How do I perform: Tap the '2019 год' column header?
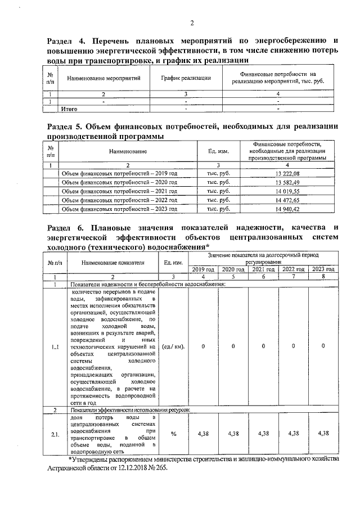tap(203, 269)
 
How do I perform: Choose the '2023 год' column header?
tap(323, 269)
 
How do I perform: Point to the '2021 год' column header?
tap(263, 269)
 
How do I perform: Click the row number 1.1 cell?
tap(55, 346)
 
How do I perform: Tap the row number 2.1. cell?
tap(55, 434)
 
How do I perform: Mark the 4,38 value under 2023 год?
tap(323, 434)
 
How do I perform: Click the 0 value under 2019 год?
tap(203, 346)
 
